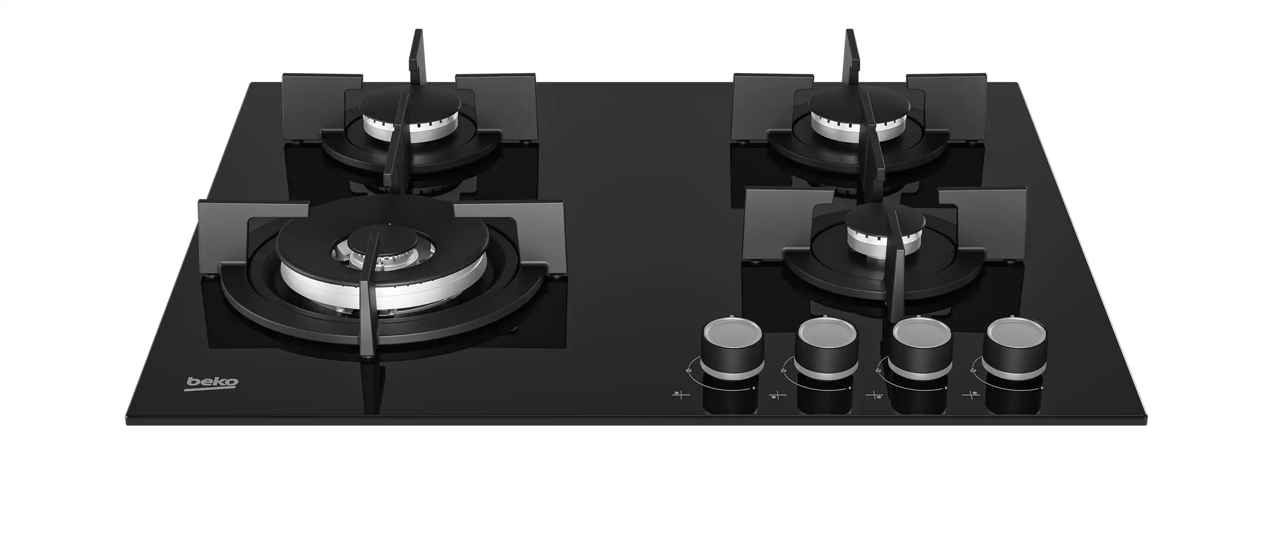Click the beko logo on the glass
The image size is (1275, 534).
[x=212, y=383]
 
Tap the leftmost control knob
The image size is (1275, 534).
[x=732, y=346]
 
